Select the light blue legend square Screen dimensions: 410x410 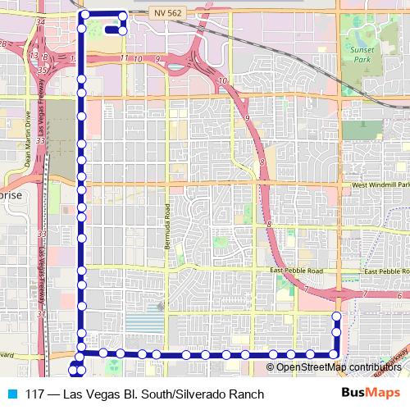[x=11, y=394]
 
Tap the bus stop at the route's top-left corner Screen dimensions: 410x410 [x=82, y=15]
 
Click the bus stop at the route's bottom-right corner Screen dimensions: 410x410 [x=335, y=354]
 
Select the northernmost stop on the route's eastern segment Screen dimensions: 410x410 [x=336, y=317]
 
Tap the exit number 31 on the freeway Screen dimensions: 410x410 [x=41, y=314]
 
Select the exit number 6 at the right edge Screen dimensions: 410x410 [x=400, y=295]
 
